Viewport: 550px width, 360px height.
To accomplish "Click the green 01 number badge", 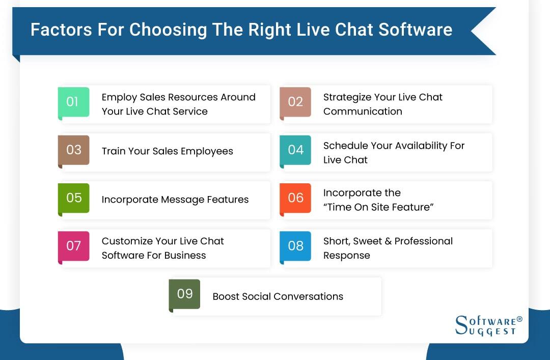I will [73, 102].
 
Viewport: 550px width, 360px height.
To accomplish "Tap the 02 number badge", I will [295, 102].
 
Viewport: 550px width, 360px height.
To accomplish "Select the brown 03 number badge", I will [73, 150].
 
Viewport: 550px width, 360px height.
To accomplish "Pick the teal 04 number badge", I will [295, 150].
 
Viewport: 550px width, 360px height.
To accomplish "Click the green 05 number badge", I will [73, 198].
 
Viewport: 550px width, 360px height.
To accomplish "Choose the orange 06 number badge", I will [295, 198].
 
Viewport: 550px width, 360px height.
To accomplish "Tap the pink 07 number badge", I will [73, 246].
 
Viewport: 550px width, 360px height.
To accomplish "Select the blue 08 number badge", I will [295, 246].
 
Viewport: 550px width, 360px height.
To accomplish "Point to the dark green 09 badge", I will [184, 294].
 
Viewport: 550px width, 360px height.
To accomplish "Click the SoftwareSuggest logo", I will [488, 325].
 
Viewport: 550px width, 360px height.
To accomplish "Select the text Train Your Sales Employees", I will [167, 151].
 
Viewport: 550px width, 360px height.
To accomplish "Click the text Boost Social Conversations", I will [278, 296].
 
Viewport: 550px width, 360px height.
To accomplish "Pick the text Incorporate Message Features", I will [175, 200].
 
